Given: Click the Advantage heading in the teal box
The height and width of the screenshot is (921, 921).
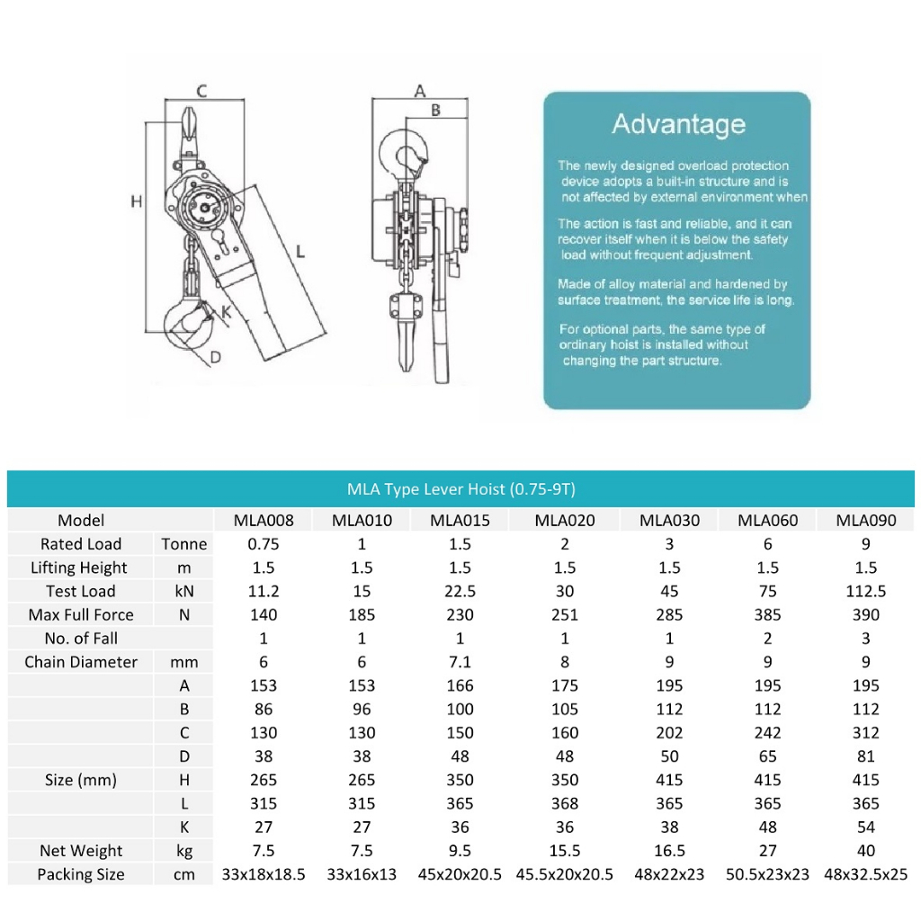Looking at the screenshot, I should [x=678, y=124].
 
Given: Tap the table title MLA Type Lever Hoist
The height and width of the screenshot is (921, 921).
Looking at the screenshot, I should [x=460, y=489].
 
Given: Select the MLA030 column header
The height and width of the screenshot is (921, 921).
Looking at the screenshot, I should [x=669, y=520].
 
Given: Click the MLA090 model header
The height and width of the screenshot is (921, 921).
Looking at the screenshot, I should [x=866, y=520].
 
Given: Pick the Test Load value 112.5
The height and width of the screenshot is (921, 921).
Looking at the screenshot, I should [x=866, y=591].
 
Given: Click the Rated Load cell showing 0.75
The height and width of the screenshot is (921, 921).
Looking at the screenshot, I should [x=264, y=543].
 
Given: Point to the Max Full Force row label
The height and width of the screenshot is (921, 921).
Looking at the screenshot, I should [x=81, y=615].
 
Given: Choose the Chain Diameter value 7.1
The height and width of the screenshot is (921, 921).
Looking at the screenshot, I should [x=460, y=662].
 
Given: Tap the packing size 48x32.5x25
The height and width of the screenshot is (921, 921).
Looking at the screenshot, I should [x=866, y=874].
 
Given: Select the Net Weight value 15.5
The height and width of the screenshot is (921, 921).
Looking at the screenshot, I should [x=564, y=851].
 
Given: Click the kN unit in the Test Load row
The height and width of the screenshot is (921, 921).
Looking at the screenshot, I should [x=183, y=591].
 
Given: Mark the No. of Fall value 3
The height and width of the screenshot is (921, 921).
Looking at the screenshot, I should [x=866, y=639].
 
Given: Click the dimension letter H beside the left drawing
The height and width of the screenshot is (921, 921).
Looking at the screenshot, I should [x=137, y=201].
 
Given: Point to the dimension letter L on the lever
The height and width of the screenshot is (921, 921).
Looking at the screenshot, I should [x=300, y=253].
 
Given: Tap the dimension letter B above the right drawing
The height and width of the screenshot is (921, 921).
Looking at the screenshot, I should [x=434, y=110].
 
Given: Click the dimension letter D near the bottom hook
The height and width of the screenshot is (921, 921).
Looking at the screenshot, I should [x=216, y=357].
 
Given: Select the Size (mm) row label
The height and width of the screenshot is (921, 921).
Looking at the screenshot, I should [x=81, y=780].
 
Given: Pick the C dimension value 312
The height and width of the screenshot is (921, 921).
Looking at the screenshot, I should [x=866, y=733].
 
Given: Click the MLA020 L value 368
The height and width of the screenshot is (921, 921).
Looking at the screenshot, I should [x=564, y=803].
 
